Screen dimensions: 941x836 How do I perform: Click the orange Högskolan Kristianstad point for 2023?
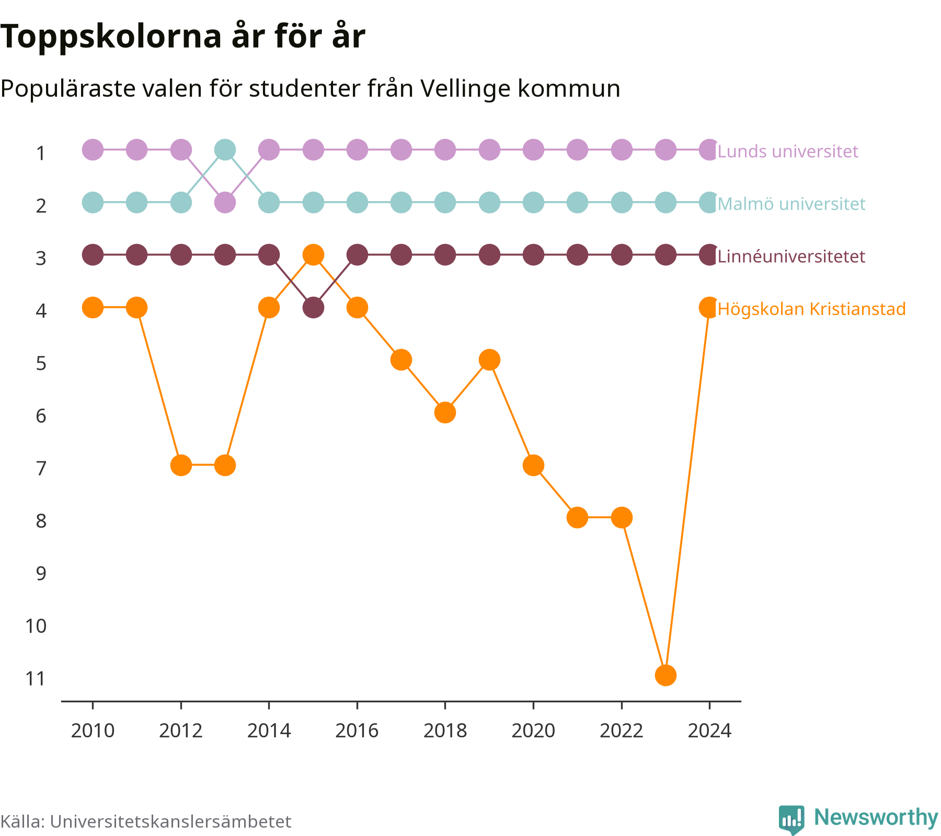[665, 675]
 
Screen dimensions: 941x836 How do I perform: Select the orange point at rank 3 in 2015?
[313, 255]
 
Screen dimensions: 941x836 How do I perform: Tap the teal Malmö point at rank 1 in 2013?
[225, 150]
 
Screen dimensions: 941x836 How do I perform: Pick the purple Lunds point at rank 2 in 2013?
[225, 202]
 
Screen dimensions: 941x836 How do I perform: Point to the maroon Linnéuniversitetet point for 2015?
[313, 308]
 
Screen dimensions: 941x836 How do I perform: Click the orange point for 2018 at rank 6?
[445, 413]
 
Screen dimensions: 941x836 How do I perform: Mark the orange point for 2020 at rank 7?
[533, 465]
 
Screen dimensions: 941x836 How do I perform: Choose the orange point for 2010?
[93, 308]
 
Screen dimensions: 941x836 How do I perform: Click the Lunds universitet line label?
[788, 152]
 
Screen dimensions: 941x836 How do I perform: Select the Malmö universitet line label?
[791, 204]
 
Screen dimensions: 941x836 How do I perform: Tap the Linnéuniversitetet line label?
[791, 257]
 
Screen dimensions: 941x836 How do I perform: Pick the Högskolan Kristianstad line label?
[812, 309]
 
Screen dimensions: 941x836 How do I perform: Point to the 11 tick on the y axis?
[36, 679]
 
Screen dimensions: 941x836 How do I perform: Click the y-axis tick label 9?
[41, 574]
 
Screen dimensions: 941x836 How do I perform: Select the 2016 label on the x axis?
[357, 730]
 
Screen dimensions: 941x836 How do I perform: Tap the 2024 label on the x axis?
[709, 730]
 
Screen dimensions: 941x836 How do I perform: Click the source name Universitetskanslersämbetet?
[170, 821]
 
